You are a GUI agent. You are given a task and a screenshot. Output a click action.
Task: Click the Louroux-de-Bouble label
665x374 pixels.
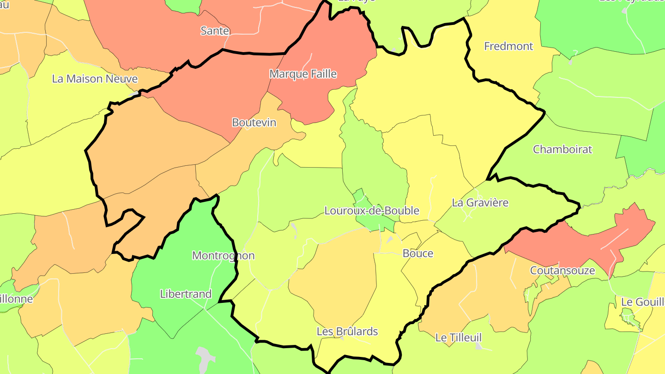[x=372, y=211]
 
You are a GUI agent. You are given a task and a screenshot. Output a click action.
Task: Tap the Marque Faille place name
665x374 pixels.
[x=303, y=74]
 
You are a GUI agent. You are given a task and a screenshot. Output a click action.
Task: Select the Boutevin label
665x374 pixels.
[x=254, y=122]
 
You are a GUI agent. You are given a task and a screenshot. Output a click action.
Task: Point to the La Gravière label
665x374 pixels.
[x=480, y=203]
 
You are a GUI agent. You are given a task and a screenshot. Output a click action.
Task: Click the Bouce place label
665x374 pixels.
[x=418, y=253]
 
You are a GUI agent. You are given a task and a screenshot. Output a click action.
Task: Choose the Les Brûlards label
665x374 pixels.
[x=347, y=332]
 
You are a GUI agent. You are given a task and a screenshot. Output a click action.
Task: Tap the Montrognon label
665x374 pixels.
[x=223, y=256]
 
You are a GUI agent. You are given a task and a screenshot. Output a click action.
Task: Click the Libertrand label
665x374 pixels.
[x=186, y=294]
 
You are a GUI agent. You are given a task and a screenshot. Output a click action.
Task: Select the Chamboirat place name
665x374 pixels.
[x=562, y=150]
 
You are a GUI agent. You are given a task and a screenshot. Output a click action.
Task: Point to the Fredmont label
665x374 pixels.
[x=508, y=46]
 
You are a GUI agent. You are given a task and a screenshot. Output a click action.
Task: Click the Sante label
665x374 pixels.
[x=215, y=31]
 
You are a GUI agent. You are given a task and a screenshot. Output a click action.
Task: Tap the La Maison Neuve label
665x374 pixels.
[x=95, y=79]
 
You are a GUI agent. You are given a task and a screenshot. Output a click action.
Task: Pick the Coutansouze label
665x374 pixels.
[x=562, y=271]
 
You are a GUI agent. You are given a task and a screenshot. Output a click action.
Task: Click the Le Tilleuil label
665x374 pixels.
[x=459, y=338]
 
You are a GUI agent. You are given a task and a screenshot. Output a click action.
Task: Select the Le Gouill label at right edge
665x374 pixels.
[x=642, y=302]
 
